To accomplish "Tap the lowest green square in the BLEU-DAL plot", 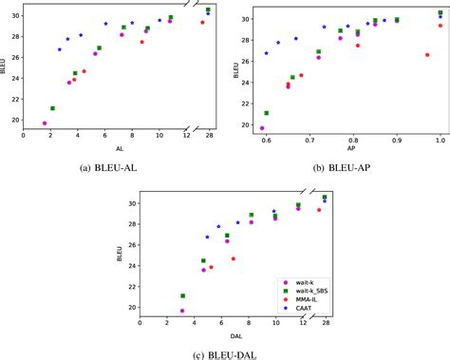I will click(x=182, y=295).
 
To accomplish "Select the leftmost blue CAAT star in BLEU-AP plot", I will click(x=266, y=52).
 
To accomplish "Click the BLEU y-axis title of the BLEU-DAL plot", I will click(x=119, y=255).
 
